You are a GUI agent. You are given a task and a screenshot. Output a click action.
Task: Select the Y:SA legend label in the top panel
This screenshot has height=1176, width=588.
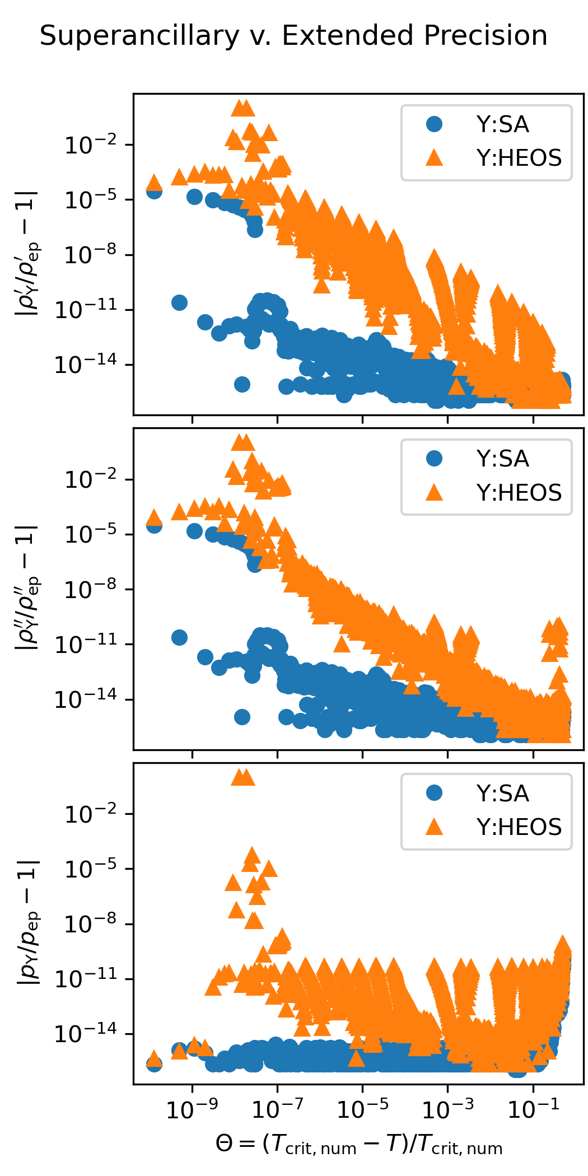point(502,124)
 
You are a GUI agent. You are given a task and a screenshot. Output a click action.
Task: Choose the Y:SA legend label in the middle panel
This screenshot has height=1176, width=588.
point(502,459)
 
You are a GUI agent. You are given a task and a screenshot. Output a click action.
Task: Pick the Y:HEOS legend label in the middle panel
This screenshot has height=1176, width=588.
point(519,493)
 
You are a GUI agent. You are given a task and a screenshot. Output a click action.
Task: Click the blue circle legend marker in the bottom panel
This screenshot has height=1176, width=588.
point(434,793)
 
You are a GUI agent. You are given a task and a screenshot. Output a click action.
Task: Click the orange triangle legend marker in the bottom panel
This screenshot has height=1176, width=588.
point(434,827)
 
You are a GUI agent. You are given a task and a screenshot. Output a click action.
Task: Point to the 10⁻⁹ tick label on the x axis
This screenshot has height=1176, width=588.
point(192,1107)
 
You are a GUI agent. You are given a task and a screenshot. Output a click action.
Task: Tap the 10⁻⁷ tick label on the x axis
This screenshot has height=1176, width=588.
point(277,1107)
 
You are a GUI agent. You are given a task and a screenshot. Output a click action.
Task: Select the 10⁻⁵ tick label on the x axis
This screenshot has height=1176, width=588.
point(362,1107)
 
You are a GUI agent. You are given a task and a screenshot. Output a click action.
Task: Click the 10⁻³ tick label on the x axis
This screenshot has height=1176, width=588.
point(447,1107)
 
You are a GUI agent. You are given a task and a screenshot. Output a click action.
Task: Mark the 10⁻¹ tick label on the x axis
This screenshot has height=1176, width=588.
point(533,1107)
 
